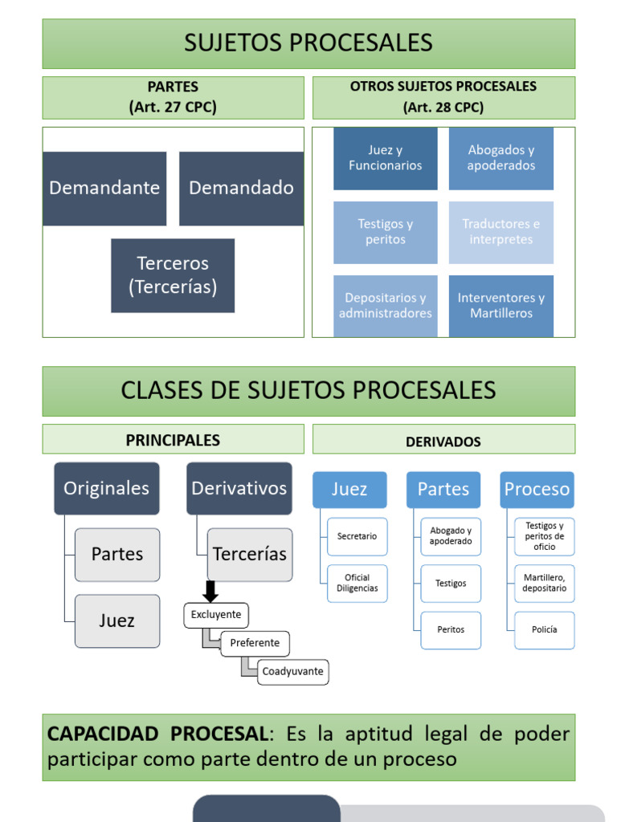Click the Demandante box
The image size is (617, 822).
coord(104,189)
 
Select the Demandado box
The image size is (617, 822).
coord(241,189)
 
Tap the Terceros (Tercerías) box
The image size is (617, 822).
coord(173,275)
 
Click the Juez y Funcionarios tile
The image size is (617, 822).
coord(386,158)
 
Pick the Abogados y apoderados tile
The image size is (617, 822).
coord(501,158)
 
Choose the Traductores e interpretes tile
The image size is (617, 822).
coord(501,232)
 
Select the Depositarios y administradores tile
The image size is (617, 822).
coord(386,306)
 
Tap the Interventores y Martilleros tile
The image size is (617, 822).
coord(501,306)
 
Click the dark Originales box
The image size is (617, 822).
coord(107,488)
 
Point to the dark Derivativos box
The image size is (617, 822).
coord(239,488)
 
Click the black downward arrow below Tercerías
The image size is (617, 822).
coord(210,592)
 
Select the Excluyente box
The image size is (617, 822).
coord(216,615)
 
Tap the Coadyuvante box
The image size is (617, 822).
coord(293,671)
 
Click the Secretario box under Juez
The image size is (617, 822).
coord(357,536)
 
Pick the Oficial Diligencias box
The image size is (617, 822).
coord(357,583)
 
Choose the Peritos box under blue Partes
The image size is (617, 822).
coord(451,629)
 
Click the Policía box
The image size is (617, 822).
coord(544,629)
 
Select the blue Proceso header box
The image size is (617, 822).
coord(537,490)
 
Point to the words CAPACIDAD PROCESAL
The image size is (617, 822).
coord(157,734)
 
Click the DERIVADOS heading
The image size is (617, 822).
coord(443,442)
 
